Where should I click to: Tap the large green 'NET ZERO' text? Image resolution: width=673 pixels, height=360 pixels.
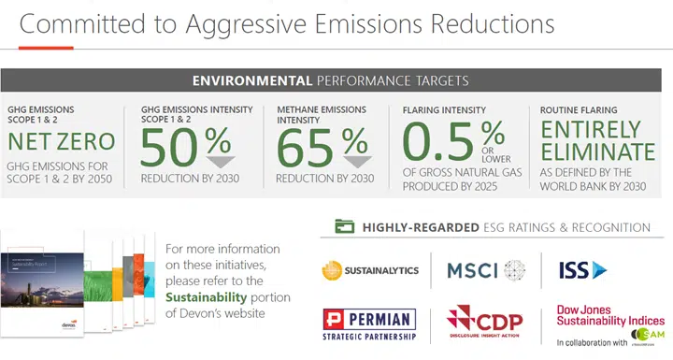point(62,142)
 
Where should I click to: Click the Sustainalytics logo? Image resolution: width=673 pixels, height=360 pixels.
point(370,271)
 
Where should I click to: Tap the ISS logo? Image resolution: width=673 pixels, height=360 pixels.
point(582,270)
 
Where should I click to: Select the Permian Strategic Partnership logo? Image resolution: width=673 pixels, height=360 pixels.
point(370,324)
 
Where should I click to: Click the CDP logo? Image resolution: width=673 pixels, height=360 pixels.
point(484,324)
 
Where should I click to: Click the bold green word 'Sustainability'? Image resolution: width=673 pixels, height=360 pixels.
point(208,296)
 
